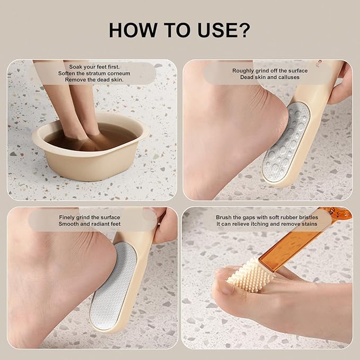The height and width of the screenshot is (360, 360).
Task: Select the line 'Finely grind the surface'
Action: pos(90,217)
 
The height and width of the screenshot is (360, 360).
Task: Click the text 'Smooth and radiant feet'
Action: pos(90,224)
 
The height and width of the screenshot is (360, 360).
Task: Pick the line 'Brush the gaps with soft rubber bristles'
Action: pos(267,217)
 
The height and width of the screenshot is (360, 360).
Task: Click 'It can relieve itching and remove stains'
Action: pos(267,224)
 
